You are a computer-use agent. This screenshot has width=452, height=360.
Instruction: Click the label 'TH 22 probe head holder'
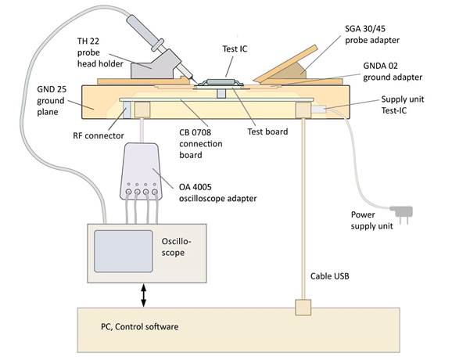[101, 52]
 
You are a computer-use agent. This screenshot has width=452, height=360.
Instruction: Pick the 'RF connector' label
[93, 135]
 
